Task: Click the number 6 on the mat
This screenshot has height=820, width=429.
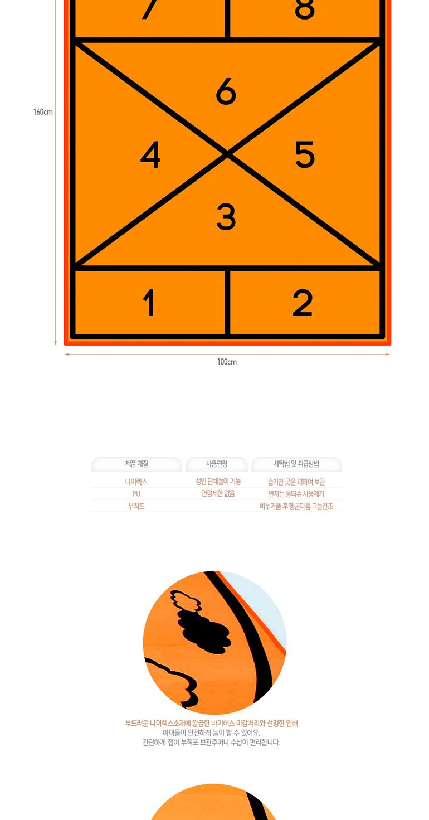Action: pos(226,91)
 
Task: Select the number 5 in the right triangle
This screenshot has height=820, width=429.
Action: pos(304,154)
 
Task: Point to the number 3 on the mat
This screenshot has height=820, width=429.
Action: pos(226,216)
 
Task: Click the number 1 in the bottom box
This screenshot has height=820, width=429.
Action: pos(148,303)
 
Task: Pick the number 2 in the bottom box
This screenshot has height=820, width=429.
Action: pos(303,303)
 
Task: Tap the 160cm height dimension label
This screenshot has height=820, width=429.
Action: pos(43,112)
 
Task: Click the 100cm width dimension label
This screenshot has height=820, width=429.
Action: pos(227,362)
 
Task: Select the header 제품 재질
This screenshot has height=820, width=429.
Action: pos(136,464)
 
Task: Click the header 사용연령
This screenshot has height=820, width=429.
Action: pos(217,464)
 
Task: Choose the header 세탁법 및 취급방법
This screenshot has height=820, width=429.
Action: pos(296,464)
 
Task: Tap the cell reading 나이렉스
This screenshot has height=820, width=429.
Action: pos(136,482)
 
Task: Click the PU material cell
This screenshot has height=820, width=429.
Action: pos(136,494)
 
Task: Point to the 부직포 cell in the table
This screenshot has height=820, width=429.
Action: pos(136,506)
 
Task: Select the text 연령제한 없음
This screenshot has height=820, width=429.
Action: pos(218,493)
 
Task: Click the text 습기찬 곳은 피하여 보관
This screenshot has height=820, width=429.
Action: pos(296,482)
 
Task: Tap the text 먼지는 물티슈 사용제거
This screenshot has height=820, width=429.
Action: pos(296,494)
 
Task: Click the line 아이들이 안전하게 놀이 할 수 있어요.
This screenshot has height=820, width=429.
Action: pos(211,733)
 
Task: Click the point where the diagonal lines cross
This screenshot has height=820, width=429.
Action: pos(227,153)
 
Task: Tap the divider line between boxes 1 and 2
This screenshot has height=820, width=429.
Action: pos(227,303)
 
